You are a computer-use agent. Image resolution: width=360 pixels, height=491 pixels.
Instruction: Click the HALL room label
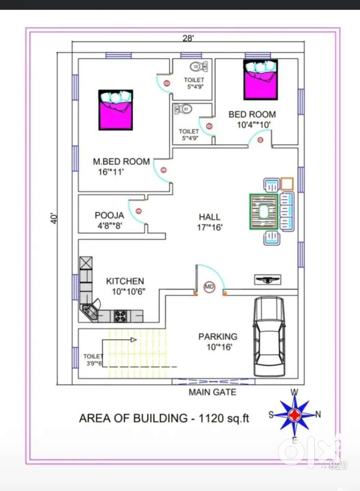210,217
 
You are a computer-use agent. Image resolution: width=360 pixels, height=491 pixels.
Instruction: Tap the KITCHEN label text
125,281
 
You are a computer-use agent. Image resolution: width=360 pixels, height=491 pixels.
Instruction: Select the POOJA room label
110,216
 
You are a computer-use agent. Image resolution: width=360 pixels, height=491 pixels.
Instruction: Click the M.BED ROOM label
121,162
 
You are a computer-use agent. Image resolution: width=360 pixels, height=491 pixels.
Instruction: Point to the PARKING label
218,337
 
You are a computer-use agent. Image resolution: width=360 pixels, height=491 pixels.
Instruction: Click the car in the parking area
269,336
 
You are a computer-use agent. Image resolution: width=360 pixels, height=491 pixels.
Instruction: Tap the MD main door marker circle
209,287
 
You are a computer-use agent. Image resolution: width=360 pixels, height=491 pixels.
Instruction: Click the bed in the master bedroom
115,110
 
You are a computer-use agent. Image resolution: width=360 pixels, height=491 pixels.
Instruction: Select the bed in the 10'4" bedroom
260,80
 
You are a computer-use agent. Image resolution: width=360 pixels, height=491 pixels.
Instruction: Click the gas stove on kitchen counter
120,316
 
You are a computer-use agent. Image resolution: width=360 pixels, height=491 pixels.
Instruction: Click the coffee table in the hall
264,212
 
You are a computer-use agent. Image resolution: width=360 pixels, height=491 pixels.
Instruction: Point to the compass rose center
294,414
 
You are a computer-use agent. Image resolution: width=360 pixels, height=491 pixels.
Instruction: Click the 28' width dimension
188,38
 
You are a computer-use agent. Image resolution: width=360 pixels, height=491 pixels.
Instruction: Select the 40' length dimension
54,218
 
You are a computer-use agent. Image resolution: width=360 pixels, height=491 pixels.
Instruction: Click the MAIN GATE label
212,392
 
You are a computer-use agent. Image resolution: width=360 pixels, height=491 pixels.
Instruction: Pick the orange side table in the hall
287,184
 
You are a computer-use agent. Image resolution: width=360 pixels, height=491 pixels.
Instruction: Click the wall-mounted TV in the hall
268,279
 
